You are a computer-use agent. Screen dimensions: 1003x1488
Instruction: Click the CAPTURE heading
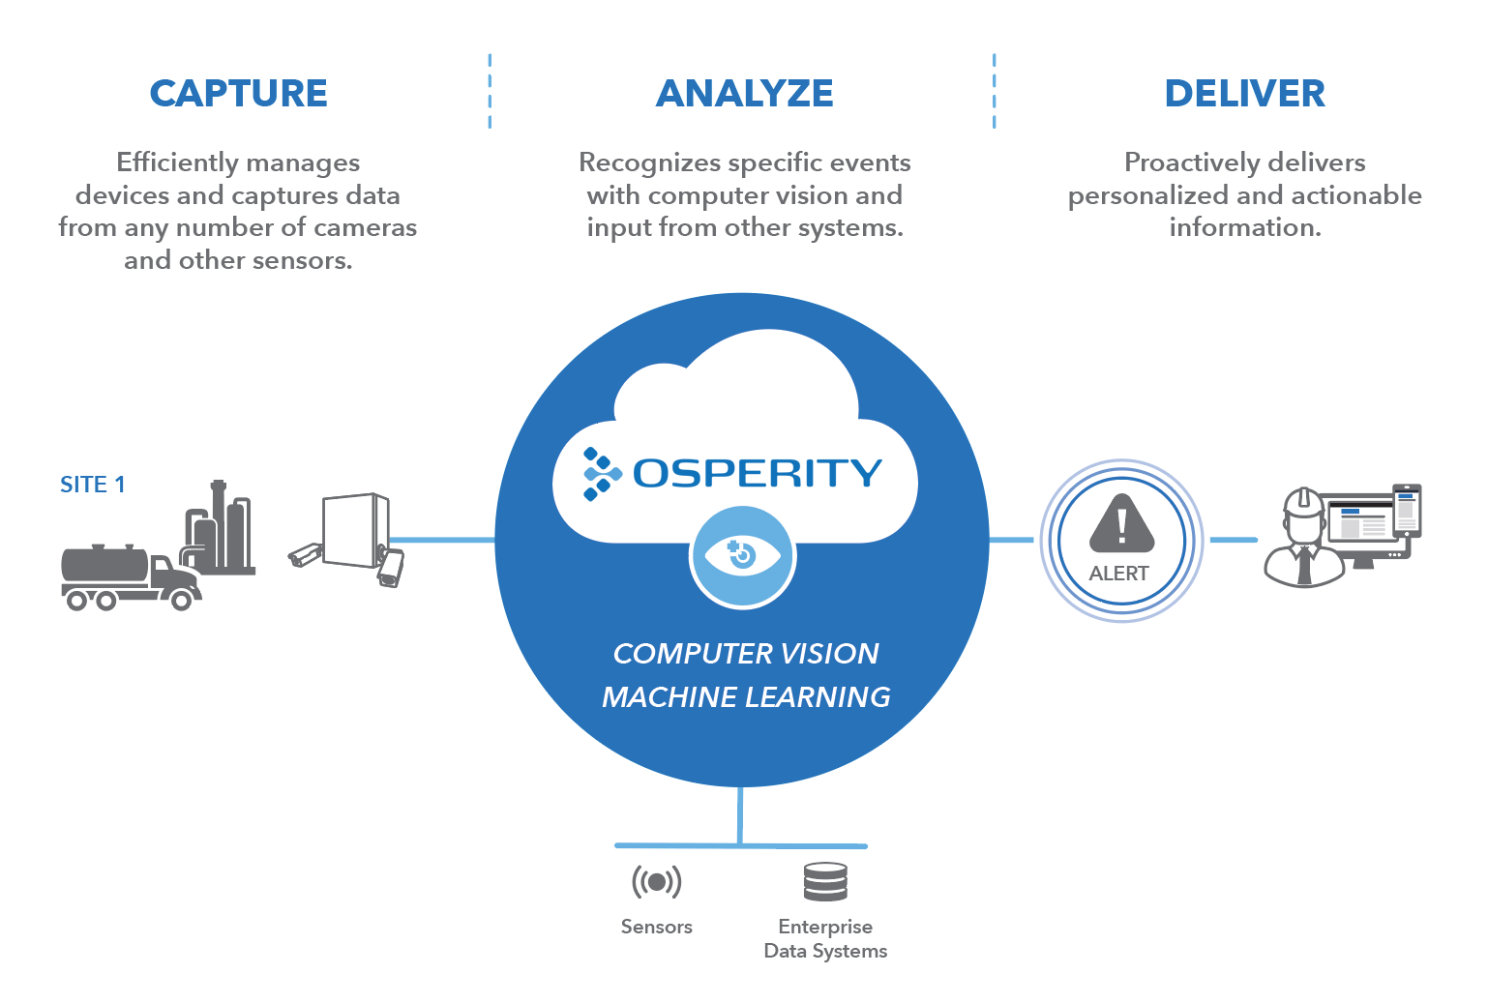click(x=238, y=94)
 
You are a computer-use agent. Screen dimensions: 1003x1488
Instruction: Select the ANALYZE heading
click(x=744, y=94)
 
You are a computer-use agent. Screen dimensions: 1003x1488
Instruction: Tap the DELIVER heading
click(x=1244, y=94)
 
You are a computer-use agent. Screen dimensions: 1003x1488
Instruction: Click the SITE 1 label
click(x=93, y=485)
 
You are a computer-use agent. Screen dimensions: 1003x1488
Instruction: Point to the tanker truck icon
click(x=126, y=577)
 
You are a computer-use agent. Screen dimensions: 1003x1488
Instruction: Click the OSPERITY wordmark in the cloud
click(x=757, y=473)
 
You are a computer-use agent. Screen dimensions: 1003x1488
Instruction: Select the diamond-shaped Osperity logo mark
click(x=600, y=474)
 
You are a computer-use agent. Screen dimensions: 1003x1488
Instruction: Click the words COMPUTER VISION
click(x=746, y=654)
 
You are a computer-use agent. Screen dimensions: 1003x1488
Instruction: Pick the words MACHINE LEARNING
click(x=746, y=697)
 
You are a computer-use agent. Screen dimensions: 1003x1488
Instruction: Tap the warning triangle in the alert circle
click(x=1121, y=525)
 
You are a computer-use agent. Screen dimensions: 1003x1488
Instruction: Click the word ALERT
click(x=1119, y=574)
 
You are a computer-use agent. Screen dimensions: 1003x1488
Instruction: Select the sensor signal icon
click(x=657, y=881)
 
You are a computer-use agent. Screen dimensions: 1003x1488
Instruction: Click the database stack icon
click(x=825, y=882)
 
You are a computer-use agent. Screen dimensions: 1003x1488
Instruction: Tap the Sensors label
click(x=657, y=927)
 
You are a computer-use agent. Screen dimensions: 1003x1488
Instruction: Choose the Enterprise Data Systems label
click(x=825, y=939)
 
